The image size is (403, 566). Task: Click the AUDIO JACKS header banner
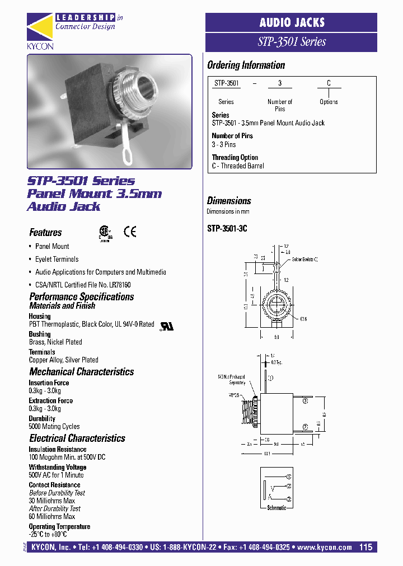pos(291,22)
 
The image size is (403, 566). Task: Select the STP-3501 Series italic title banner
pos(291,42)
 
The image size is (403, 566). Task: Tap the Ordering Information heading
pos(246,65)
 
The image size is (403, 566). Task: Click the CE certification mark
pos(129,232)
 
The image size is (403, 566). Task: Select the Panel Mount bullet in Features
pos(52,246)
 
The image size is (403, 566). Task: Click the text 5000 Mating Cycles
pos(54,426)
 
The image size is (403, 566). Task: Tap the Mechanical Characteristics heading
pos(81,372)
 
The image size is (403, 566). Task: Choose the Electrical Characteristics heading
pos(77,438)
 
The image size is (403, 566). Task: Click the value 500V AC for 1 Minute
pos(56,475)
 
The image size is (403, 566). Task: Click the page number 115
pos(366,548)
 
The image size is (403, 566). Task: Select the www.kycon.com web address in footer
pos(325,548)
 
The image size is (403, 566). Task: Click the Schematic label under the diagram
pos(277,508)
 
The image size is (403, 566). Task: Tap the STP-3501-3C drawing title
pos(227,228)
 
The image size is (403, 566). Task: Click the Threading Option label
pos(235,158)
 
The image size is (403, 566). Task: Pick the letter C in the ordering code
pos(329,83)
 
